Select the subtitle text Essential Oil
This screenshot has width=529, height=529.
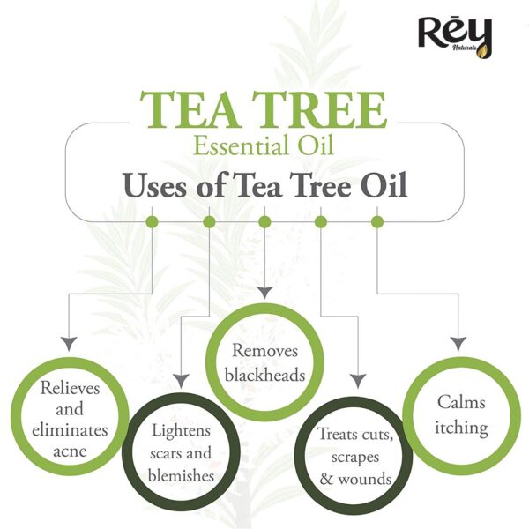(x=264, y=145)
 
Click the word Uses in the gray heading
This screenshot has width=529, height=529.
(x=155, y=185)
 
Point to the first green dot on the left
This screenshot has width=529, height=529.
(x=152, y=222)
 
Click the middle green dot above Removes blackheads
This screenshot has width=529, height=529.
(x=264, y=222)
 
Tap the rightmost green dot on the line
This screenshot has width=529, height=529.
(x=377, y=222)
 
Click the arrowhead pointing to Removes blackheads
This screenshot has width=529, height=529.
(x=264, y=293)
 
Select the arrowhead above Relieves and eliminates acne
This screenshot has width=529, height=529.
(x=69, y=344)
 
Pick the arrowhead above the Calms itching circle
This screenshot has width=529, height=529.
(x=458, y=344)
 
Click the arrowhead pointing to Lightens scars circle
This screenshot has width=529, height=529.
(x=182, y=381)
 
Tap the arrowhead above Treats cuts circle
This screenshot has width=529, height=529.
(x=358, y=381)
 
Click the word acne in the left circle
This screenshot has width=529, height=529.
(x=70, y=451)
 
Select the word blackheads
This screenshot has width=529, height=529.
(x=264, y=375)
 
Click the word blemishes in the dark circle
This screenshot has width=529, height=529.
(x=181, y=476)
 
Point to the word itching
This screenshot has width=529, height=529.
(x=461, y=428)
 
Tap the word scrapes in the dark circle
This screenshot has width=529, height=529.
(x=355, y=458)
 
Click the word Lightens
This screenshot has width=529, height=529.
(x=181, y=431)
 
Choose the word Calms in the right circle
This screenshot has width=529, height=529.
(x=461, y=403)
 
